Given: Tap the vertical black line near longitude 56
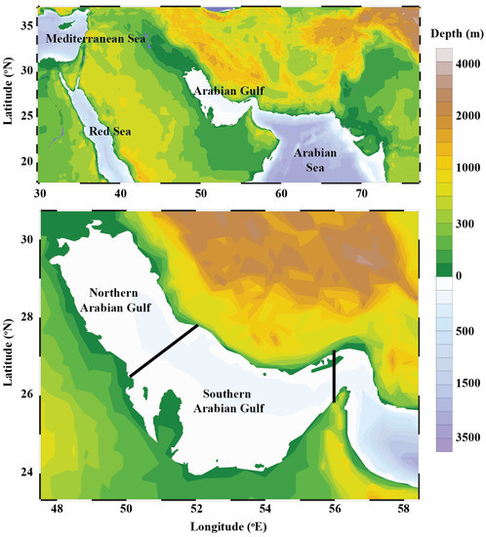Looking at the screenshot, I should tap(334, 376).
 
